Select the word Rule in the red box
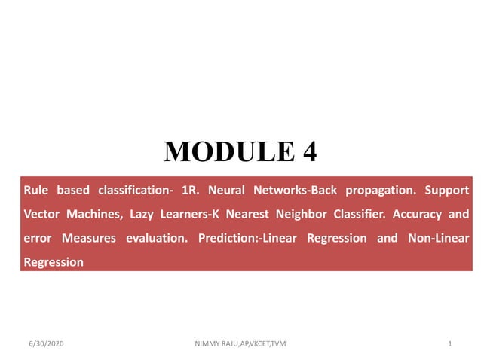click(x=36, y=190)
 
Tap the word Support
click(x=447, y=190)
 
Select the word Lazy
click(x=142, y=214)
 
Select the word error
click(x=38, y=238)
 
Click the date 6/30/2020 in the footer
click(x=43, y=344)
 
